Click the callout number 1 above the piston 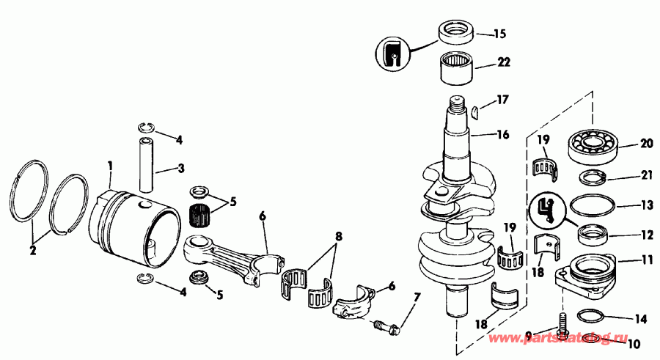(110, 166)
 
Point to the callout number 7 (417, 298)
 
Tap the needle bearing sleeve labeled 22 (456, 70)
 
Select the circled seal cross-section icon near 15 (393, 54)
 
